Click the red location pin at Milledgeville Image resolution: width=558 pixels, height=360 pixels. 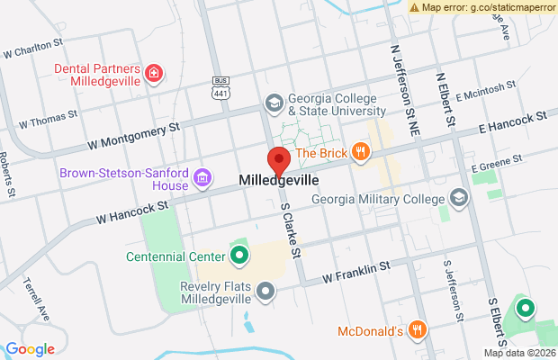279,160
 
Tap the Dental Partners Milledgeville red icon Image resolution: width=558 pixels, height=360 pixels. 155,72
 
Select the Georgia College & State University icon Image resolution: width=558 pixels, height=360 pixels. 273,104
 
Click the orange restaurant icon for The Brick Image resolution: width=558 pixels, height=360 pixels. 361,152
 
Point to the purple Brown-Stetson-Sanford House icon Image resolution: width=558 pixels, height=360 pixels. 203,178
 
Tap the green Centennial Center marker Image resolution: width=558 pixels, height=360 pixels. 239,257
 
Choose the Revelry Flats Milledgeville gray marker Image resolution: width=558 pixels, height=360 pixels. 265,291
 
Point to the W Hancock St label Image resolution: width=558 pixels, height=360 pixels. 132,211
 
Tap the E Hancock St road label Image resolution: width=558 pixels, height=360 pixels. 514,122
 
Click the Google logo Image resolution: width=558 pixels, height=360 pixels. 30,349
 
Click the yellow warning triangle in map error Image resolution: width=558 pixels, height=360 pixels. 414,6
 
